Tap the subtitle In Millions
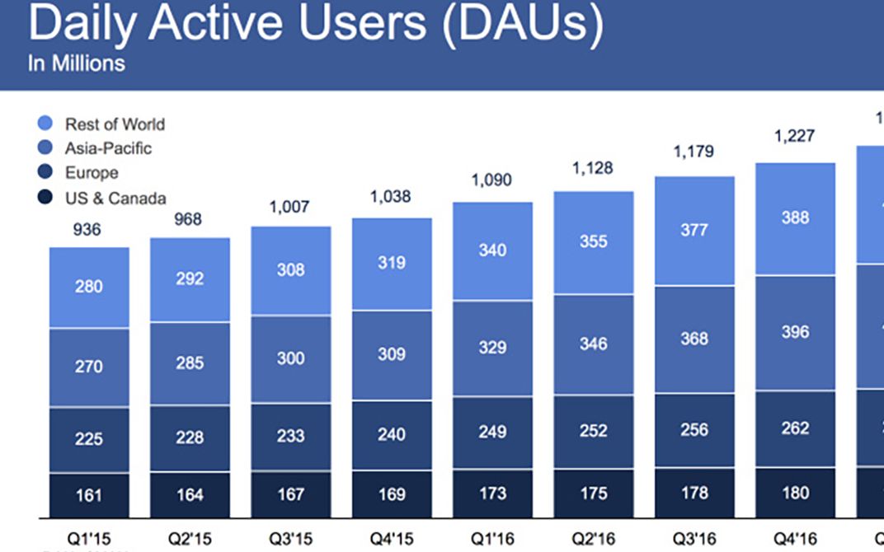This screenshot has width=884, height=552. point(77,63)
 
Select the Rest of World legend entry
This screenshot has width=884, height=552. point(103,124)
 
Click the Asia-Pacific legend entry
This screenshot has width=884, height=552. point(96,148)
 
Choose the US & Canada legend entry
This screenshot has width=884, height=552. point(103,198)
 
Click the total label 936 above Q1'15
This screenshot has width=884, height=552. point(87,230)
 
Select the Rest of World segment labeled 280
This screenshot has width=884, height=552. point(88,287)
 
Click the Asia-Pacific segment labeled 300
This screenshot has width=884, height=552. point(290,358)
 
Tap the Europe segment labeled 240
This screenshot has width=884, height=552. point(392,433)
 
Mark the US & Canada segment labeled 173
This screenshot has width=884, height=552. point(492,494)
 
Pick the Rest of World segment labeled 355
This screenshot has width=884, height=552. point(594,241)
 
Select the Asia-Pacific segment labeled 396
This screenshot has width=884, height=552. point(795,332)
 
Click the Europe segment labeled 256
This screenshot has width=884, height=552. point(694,429)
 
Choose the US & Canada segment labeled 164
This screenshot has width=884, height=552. point(190,495)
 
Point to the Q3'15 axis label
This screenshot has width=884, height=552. point(290,539)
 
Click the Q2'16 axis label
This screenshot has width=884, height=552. point(594,539)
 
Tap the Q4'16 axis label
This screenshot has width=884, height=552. point(795,539)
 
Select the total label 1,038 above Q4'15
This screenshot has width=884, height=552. point(392,197)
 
